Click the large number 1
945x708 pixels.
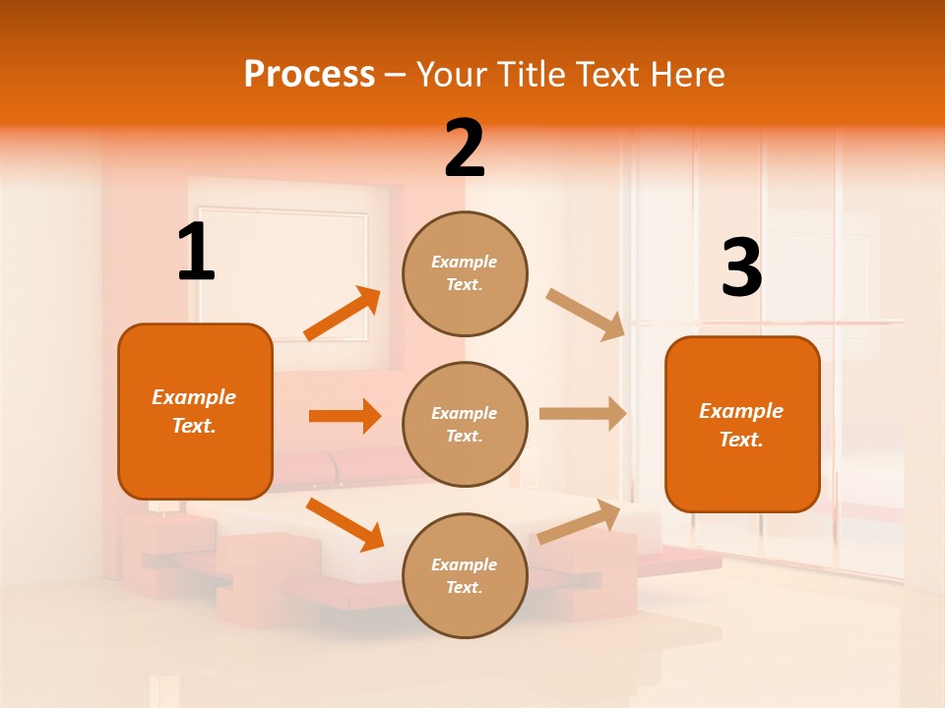pyautogui.click(x=196, y=253)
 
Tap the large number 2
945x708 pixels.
pyautogui.click(x=465, y=148)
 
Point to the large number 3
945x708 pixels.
pyautogui.click(x=741, y=267)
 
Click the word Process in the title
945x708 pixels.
pyautogui.click(x=309, y=74)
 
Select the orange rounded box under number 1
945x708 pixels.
pyautogui.click(x=195, y=411)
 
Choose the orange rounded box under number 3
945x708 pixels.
pyautogui.click(x=742, y=425)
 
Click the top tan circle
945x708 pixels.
pyautogui.click(x=465, y=273)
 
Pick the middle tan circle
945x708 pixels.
pyautogui.click(x=465, y=425)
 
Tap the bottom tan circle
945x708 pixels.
pyautogui.click(x=465, y=576)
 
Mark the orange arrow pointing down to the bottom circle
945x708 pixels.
pyautogui.click(x=345, y=524)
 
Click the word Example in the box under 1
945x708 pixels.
pyautogui.click(x=194, y=397)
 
